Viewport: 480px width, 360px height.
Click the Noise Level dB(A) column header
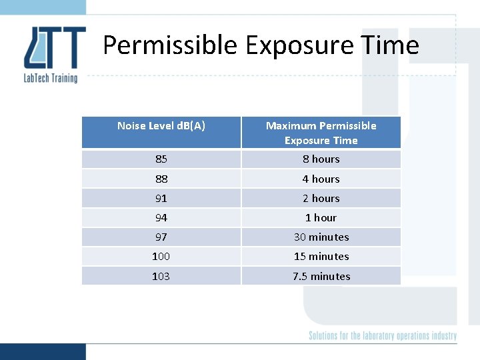[161, 125]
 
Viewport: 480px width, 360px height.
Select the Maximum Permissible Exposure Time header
[321, 133]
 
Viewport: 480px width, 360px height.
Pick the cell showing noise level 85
[161, 159]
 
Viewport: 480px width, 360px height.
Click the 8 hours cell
[321, 159]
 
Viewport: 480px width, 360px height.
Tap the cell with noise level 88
[161, 179]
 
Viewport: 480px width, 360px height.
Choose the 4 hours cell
[321, 179]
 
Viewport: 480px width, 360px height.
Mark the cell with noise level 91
[161, 198]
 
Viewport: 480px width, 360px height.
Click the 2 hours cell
[321, 198]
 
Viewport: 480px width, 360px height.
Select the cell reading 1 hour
[321, 217]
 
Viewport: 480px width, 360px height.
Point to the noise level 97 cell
[161, 237]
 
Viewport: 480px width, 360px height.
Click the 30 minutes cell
[321, 237]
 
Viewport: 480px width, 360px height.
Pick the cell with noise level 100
[161, 256]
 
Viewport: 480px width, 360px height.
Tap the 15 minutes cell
[321, 256]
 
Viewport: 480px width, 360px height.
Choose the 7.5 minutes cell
[321, 276]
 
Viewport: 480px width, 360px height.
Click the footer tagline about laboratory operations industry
[382, 335]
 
